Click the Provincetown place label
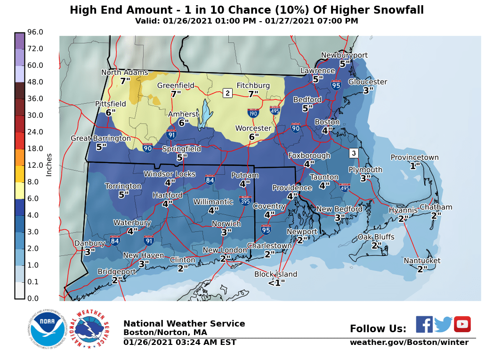click(414, 158)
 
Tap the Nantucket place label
click(422, 261)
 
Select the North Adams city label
click(125, 73)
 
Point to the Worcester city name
click(254, 128)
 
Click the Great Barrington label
click(101, 138)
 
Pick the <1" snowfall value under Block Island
click(276, 283)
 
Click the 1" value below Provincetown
click(414, 166)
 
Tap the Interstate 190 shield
click(253, 113)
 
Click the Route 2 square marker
click(227, 93)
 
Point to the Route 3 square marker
click(354, 153)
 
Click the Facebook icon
click(424, 324)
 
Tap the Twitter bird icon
click(443, 325)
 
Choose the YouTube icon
click(462, 324)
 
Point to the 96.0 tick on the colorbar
click(35, 32)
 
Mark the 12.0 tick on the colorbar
click(35, 165)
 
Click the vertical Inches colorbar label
click(49, 164)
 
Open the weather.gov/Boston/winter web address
click(409, 343)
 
